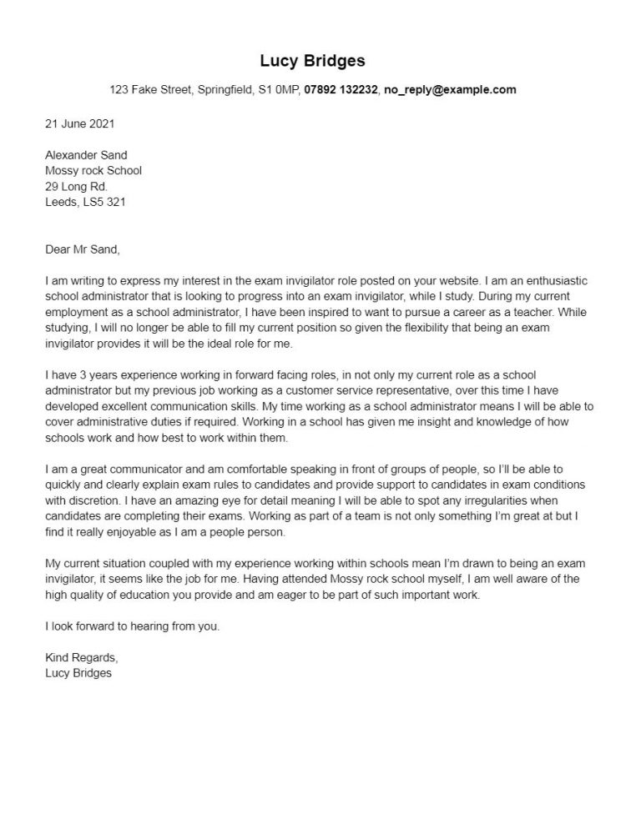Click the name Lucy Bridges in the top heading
click(312, 61)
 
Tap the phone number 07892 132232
click(341, 90)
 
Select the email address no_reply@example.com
click(449, 90)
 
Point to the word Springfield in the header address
click(225, 90)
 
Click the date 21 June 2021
click(80, 123)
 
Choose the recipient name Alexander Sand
click(87, 155)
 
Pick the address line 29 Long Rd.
click(76, 186)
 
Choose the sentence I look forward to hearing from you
click(133, 626)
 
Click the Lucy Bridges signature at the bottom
click(78, 673)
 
